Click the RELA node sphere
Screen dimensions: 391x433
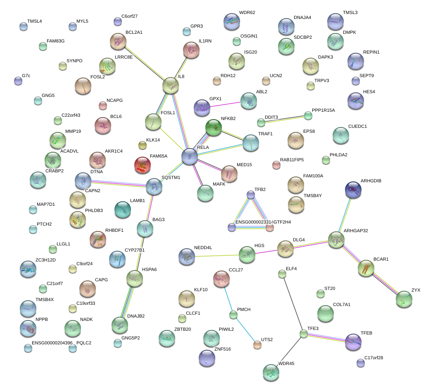click(x=190, y=157)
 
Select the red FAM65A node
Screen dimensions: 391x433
click(x=143, y=165)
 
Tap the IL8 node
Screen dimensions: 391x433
click(x=171, y=85)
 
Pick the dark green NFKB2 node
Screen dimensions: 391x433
click(x=214, y=127)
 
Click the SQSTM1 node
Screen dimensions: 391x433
click(x=154, y=186)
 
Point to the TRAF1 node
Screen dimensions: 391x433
click(x=250, y=142)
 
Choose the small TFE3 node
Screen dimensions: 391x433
click(x=304, y=334)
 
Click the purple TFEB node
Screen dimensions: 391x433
click(x=353, y=342)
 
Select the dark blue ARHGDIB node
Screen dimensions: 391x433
click(x=353, y=189)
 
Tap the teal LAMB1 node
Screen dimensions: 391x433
click(x=123, y=210)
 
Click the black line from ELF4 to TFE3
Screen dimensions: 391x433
click(x=293, y=304)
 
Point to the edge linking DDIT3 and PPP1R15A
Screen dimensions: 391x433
click(x=285, y=119)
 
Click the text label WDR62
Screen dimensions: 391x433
click(x=247, y=12)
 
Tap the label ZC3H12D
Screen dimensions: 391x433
click(x=45, y=260)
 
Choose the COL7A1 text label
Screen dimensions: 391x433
click(x=341, y=304)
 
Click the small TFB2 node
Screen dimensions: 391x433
click(x=250, y=194)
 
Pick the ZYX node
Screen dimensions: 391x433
click(x=404, y=299)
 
